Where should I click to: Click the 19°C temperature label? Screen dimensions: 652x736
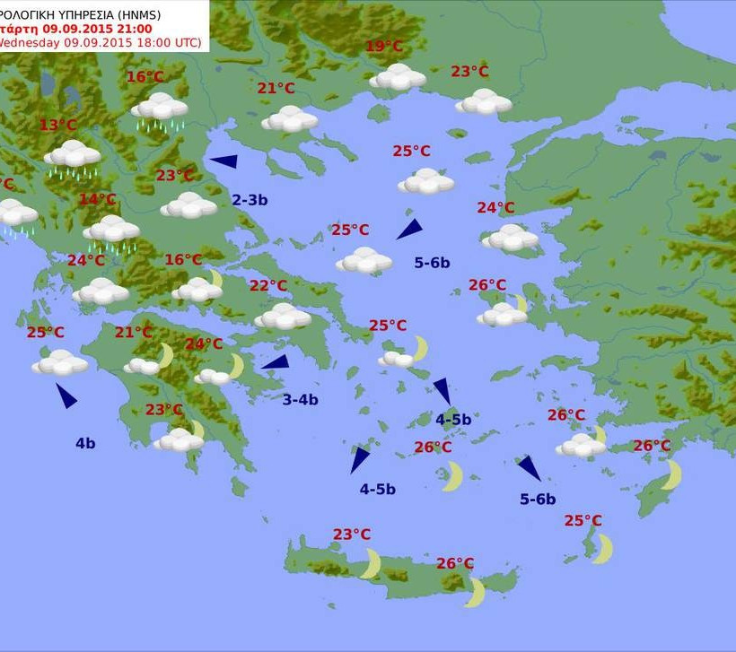click(x=384, y=48)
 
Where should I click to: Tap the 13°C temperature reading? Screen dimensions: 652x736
click(x=57, y=126)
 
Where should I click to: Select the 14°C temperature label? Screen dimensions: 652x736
click(x=97, y=199)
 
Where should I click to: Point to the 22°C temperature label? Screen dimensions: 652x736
click(x=267, y=286)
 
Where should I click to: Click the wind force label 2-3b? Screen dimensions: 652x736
click(x=250, y=200)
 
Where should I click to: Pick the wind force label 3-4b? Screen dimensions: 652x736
click(x=300, y=400)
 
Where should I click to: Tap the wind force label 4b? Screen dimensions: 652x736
click(x=85, y=442)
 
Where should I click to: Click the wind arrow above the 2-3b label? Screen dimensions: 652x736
click(x=223, y=161)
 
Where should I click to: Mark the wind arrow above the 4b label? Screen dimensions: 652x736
click(x=66, y=396)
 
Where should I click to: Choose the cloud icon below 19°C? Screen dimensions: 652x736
click(x=398, y=77)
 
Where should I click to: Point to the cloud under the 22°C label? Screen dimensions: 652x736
click(x=283, y=317)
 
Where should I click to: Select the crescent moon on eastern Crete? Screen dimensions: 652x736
click(x=475, y=592)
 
